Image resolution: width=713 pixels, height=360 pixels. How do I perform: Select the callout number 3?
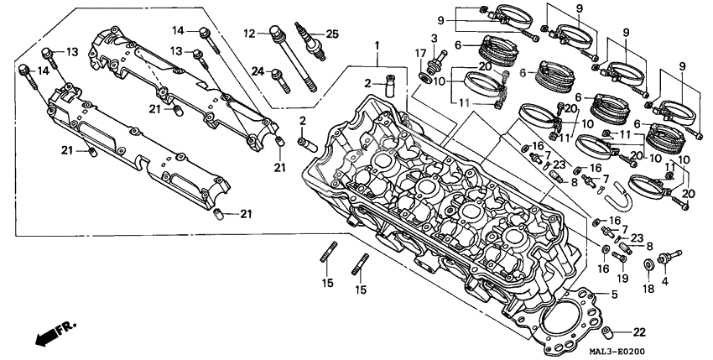(x=434, y=39)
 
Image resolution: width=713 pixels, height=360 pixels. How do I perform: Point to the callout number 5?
(x=614, y=295)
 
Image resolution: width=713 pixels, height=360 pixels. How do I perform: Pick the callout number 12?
(x=250, y=34)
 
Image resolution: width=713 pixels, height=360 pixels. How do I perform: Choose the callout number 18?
(x=648, y=288)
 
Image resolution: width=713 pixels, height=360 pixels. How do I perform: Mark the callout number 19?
(x=621, y=279)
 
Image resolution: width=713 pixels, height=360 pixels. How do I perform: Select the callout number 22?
(x=639, y=330)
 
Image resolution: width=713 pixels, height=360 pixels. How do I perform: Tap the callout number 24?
(x=259, y=70)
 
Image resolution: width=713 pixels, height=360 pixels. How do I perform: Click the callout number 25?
(x=332, y=34)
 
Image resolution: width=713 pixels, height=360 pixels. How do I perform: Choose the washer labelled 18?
(x=648, y=266)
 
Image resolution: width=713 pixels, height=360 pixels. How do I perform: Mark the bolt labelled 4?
(x=669, y=255)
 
